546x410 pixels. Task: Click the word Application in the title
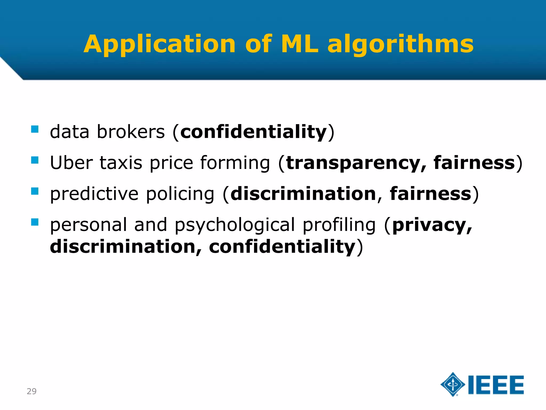pos(159,44)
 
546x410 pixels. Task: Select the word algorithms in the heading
pos(400,44)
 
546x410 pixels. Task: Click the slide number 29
pos(31,391)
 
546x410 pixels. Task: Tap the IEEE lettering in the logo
pos(496,385)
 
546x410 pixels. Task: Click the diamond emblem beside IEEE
pos(453,384)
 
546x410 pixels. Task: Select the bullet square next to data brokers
pos(35,129)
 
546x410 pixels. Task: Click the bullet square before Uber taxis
pos(35,160)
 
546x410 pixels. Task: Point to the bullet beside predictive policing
pos(35,191)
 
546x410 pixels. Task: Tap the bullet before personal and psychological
pos(35,222)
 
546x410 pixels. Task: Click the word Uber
pos(71,163)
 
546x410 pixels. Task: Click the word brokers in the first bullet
pos(131,132)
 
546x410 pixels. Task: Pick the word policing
pos(180,194)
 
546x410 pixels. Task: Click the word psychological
pos(235,225)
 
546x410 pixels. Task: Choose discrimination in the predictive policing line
pos(303,194)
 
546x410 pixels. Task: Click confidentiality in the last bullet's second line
pos(282,246)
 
